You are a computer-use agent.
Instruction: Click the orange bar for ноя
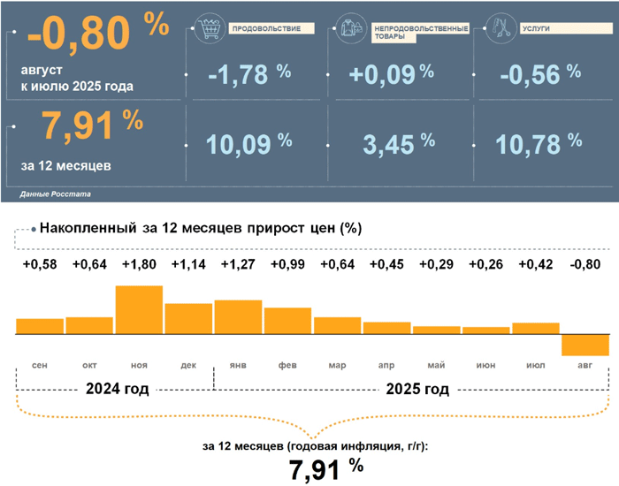[139, 310]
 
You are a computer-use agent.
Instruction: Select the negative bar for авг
[585, 346]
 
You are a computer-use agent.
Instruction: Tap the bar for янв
[238, 318]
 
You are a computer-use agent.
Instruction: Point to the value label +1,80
[139, 264]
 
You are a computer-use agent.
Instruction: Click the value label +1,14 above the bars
[188, 264]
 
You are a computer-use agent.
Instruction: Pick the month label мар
[337, 365]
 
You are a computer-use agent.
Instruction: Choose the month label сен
[39, 365]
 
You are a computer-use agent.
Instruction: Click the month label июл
[534, 365]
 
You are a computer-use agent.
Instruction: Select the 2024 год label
[116, 389]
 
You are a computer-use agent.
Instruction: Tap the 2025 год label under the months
[417, 389]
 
